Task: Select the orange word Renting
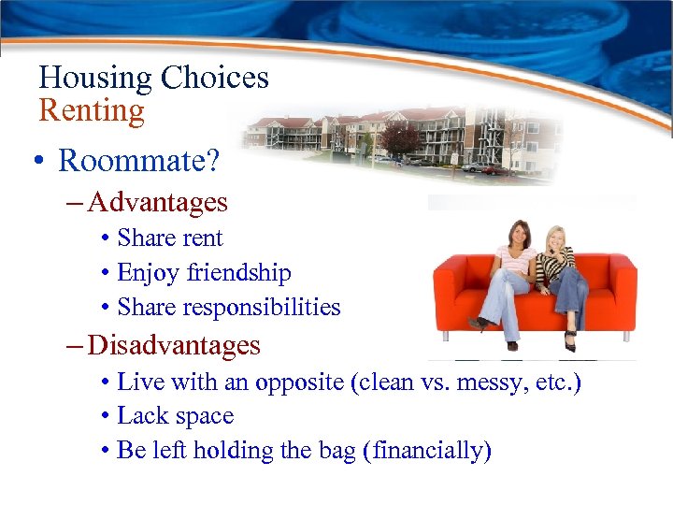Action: pos(92,111)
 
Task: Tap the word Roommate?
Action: pos(139,161)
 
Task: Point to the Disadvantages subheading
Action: pos(174,345)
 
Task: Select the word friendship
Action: pos(238,273)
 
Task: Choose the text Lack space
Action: pos(175,416)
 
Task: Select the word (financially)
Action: pos(432,451)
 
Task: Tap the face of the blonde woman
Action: pos(557,238)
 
